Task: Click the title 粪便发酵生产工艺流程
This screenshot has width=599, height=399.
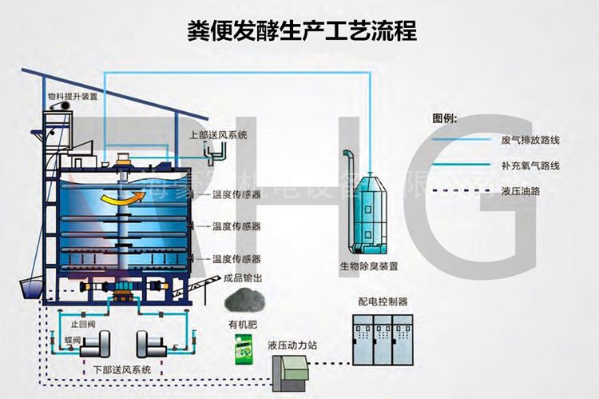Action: [x=300, y=30]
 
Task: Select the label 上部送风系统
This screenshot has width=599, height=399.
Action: [x=218, y=135]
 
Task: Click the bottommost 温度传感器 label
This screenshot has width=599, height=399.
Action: [x=236, y=259]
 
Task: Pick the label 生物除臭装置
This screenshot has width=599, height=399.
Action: [x=368, y=265]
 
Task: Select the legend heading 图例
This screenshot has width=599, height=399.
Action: [x=444, y=118]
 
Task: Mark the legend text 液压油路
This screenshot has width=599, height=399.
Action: [x=518, y=192]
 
